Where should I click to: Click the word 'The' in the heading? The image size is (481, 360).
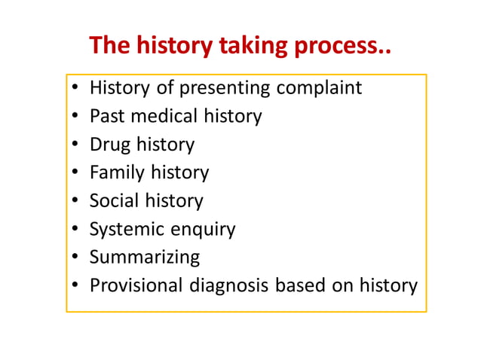(109, 46)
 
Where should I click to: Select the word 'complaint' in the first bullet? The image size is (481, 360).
(319, 89)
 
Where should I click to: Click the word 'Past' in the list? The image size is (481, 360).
(105, 117)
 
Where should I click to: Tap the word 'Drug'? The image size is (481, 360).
(109, 145)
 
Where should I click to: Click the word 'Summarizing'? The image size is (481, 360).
(145, 258)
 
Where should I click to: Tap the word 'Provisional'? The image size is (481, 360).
(136, 286)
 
